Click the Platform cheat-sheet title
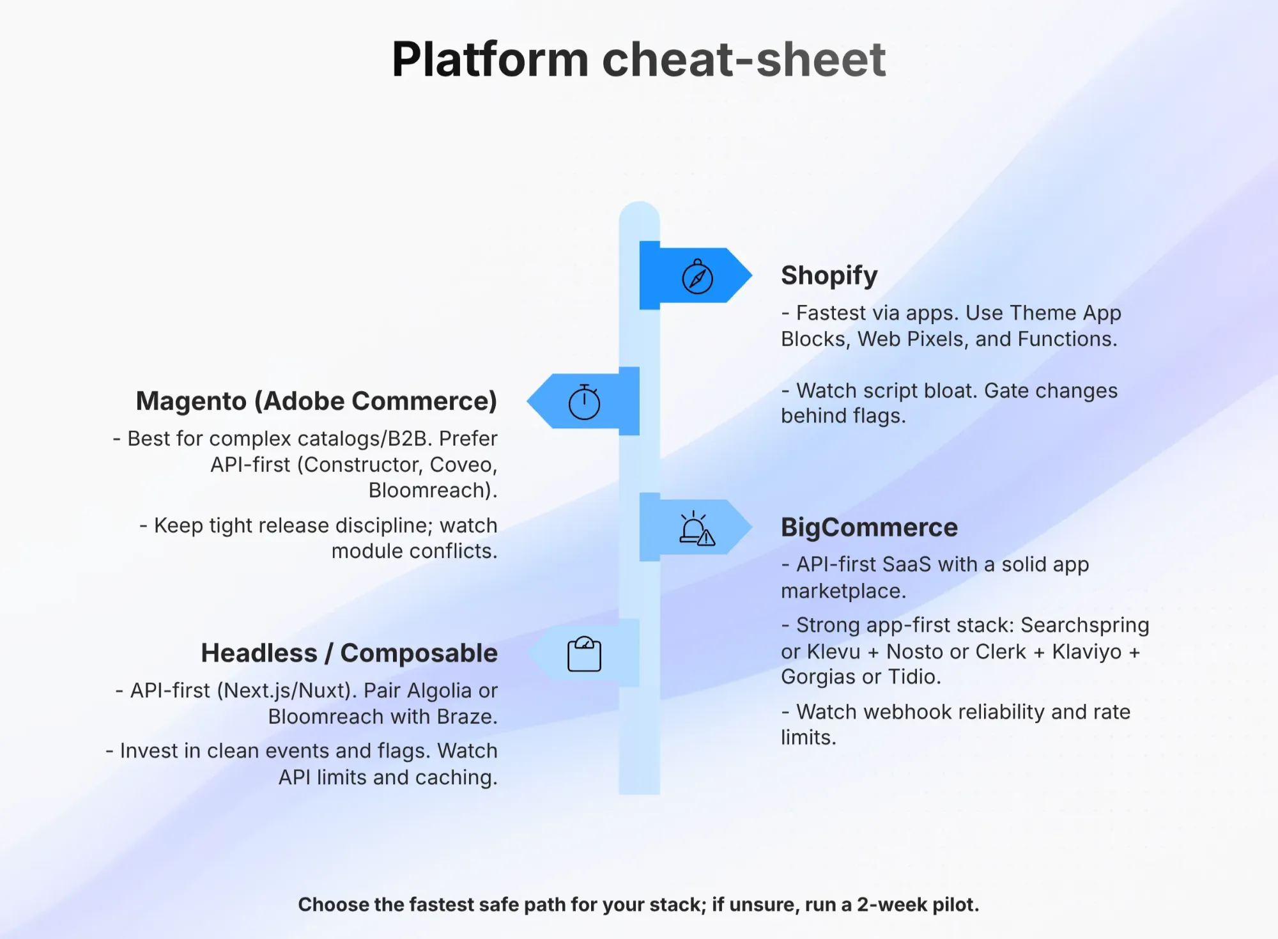click(x=639, y=59)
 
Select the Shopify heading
click(x=829, y=275)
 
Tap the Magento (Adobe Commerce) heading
click(x=316, y=401)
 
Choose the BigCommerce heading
click(x=869, y=527)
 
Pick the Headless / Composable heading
click(x=349, y=653)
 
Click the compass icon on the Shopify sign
click(x=697, y=277)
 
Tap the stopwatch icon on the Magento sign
click(x=584, y=402)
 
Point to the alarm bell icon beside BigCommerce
click(x=697, y=529)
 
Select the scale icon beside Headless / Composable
click(x=584, y=654)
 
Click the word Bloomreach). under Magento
click(x=433, y=490)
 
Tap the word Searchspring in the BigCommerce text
click(x=1085, y=625)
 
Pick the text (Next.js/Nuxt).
click(x=287, y=690)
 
